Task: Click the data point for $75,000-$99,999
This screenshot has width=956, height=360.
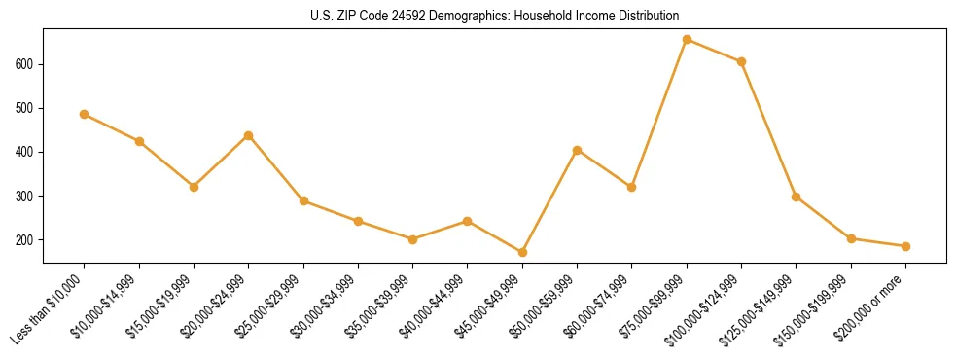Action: tap(687, 40)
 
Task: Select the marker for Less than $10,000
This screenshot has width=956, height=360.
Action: tap(85, 114)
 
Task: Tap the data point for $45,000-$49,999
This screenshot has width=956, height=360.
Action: tap(522, 253)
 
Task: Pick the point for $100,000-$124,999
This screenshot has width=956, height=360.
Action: tap(741, 62)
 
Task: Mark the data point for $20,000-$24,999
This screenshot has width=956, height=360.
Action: tap(249, 135)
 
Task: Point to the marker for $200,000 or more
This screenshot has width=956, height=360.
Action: tap(905, 246)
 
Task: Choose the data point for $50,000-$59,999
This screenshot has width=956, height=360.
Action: tap(577, 151)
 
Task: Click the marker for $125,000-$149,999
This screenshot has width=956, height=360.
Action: tap(796, 197)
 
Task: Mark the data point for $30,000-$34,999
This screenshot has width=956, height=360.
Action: tap(358, 222)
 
